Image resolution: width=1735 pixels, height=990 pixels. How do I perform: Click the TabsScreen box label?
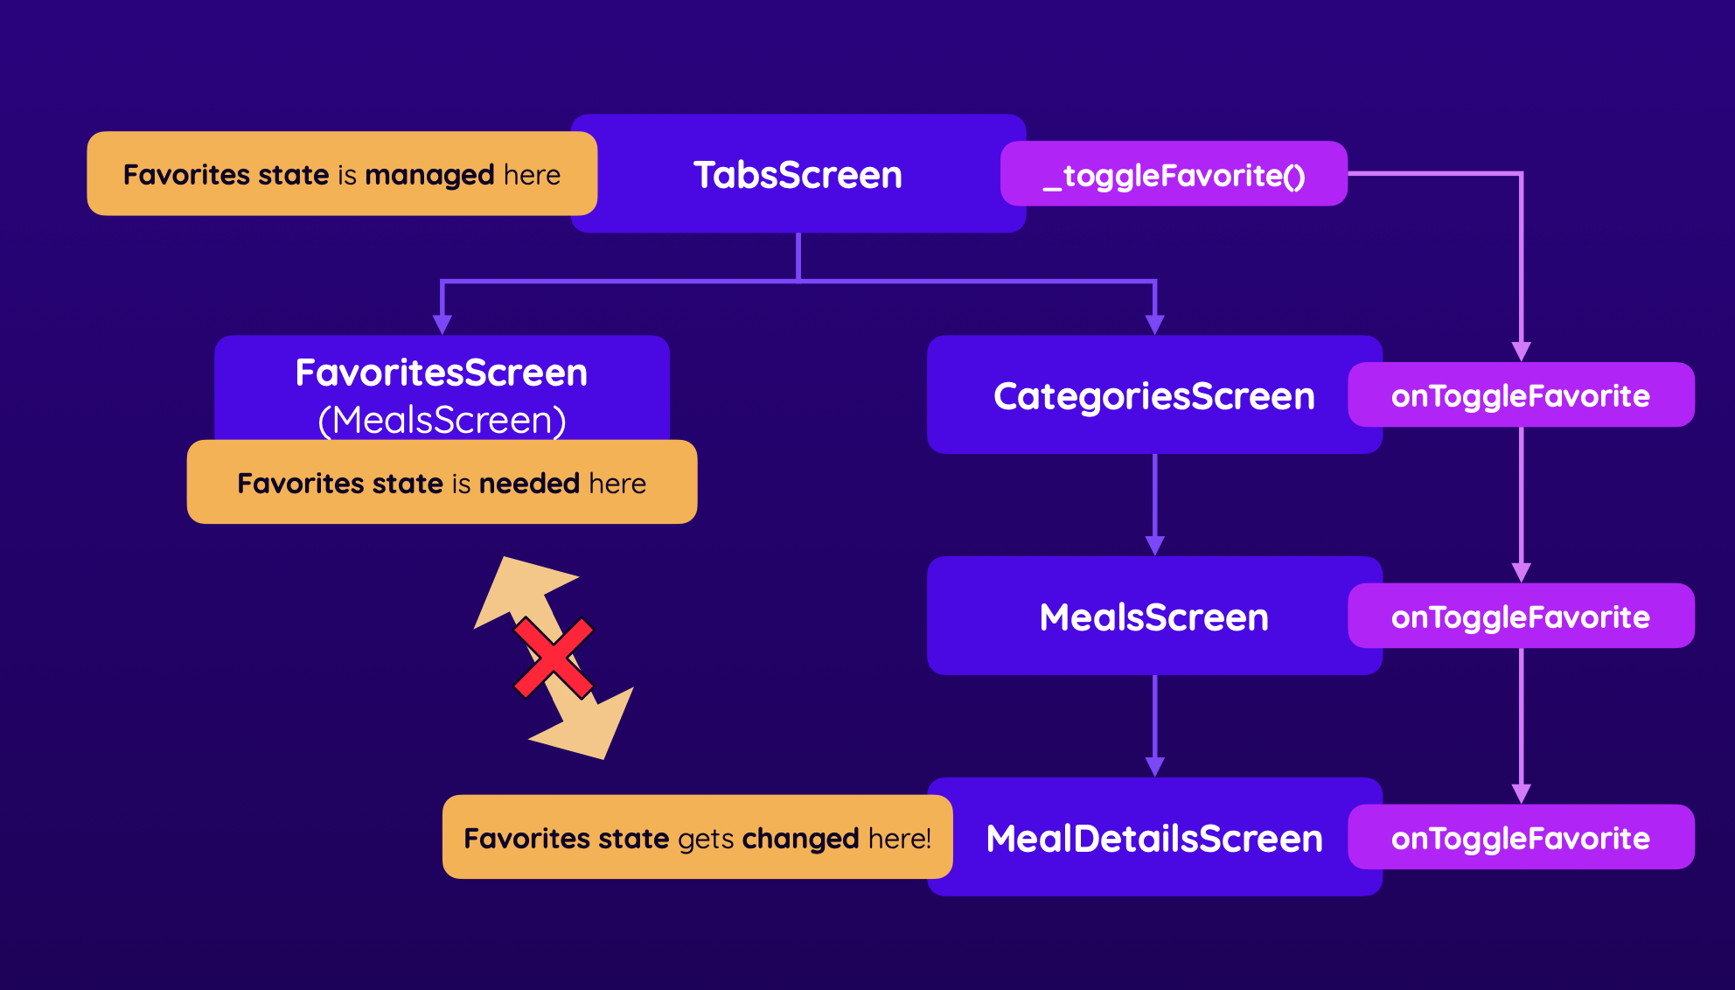click(x=798, y=175)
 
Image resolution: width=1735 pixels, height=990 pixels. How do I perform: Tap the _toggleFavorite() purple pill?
click(x=1174, y=175)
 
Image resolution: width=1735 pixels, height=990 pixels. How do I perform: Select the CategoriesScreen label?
click(x=1153, y=396)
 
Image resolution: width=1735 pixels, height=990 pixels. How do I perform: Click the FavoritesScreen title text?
click(x=441, y=373)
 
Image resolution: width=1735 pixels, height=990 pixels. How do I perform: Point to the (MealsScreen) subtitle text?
click(x=442, y=420)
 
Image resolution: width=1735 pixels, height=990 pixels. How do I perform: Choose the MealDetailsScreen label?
click(x=1153, y=839)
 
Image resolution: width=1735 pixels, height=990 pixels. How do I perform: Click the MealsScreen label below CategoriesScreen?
click(x=1153, y=617)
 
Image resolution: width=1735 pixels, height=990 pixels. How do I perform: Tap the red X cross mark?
click(x=554, y=658)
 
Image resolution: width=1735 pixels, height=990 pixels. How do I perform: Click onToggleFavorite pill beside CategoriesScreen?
click(x=1520, y=396)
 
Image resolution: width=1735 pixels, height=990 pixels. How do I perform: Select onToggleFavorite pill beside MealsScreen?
click(x=1520, y=617)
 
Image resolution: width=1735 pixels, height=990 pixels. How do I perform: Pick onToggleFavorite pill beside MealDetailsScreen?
click(x=1520, y=839)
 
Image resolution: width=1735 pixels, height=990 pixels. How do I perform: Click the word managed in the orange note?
click(x=429, y=175)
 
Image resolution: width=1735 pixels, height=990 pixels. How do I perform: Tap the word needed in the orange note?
click(x=528, y=484)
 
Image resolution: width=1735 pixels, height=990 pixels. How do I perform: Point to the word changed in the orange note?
click(x=800, y=839)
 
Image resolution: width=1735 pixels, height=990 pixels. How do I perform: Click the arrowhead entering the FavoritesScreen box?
click(x=442, y=324)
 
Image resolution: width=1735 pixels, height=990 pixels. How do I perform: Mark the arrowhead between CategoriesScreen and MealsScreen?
click(x=1154, y=546)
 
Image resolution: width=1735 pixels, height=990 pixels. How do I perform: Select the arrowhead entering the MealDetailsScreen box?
click(x=1154, y=767)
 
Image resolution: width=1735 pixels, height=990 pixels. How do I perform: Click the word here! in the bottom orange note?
click(x=899, y=839)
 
